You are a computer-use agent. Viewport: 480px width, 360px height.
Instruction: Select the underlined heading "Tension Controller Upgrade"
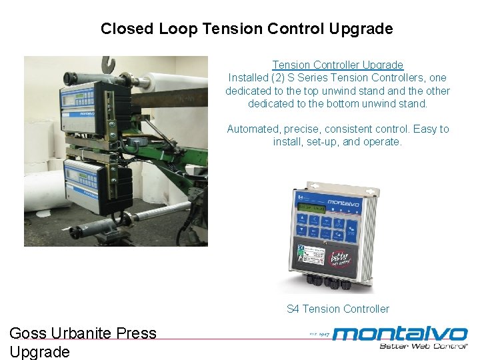[x=337, y=65]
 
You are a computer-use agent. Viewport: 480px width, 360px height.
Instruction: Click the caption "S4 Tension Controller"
[x=337, y=309]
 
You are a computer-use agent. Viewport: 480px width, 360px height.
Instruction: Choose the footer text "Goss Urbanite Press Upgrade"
[x=83, y=342]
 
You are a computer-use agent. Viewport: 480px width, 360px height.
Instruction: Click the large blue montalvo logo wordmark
[x=399, y=333]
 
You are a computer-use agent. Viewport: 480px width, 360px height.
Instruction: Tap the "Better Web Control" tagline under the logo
[x=423, y=346]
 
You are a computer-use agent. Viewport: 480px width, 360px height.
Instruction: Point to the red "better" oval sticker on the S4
[x=341, y=257]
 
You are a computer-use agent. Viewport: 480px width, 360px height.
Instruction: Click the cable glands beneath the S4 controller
[x=329, y=284]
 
